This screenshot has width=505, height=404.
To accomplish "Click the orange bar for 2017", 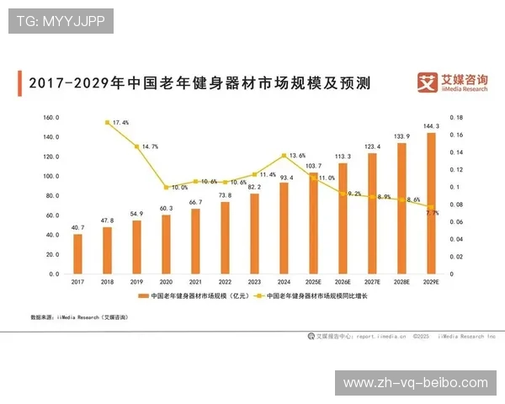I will [77, 253].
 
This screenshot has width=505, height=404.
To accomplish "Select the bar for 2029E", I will [431, 203].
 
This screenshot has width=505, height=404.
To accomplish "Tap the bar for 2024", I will [284, 228].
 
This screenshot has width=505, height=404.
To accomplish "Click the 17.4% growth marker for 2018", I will [107, 122].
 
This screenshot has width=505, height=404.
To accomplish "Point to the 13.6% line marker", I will [284, 156].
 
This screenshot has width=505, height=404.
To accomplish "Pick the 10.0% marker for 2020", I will [166, 187].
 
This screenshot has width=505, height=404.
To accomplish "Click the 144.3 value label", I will [431, 125].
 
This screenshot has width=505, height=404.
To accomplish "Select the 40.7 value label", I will [77, 227].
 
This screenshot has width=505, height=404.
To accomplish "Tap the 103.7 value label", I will [313, 166].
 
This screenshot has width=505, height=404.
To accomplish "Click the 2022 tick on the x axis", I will [225, 281].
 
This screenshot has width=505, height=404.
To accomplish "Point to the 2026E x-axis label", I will [343, 281].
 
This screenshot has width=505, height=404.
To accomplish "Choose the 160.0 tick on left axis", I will [50, 118].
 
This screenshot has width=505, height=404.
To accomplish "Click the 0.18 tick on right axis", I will [456, 118].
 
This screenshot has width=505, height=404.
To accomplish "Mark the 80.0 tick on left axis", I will [50, 196].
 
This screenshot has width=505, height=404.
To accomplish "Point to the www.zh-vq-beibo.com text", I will [416, 383].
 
